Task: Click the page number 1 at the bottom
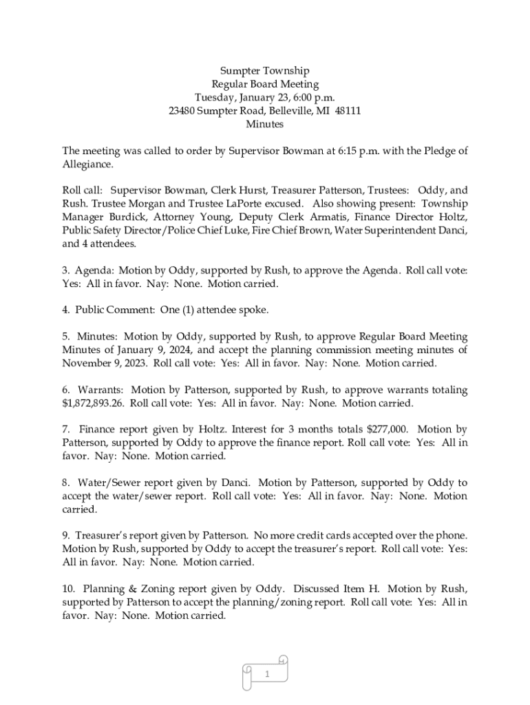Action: pos(266,675)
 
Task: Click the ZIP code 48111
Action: pos(348,111)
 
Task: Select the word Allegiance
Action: pos(86,165)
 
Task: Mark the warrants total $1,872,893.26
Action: pos(92,403)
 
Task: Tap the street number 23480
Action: pos(182,111)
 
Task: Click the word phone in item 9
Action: pos(452,536)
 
